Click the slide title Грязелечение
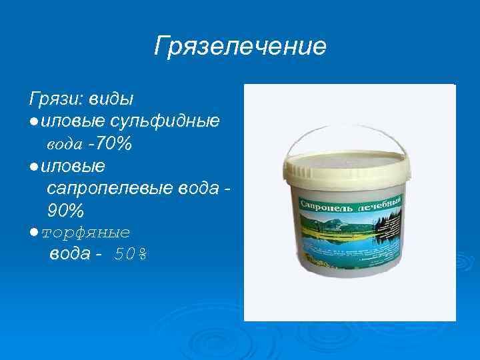pyautogui.click(x=240, y=47)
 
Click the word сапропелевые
pyautogui.click(x=111, y=189)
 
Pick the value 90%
pyautogui.click(x=66, y=211)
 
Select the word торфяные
pyautogui.click(x=85, y=233)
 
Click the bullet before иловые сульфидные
pyautogui.click(x=33, y=122)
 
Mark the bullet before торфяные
pyautogui.click(x=33, y=233)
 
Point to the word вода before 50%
pyautogui.click(x=71, y=255)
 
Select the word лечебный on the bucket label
pyautogui.click(x=380, y=203)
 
